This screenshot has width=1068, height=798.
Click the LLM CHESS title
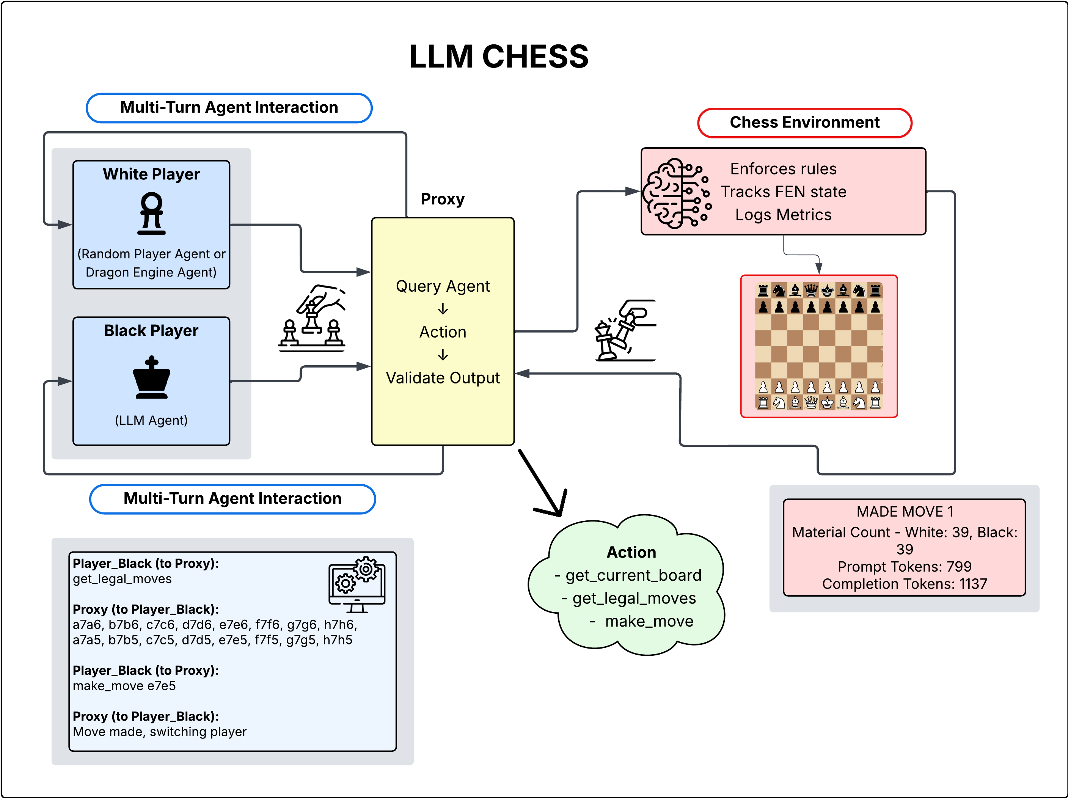click(499, 57)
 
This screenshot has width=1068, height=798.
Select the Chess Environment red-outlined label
click(804, 123)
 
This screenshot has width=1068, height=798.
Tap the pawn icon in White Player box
click(152, 214)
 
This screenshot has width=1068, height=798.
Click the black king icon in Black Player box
click(152, 377)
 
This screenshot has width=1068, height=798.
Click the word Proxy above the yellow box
click(442, 199)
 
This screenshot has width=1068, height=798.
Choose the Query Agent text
click(443, 286)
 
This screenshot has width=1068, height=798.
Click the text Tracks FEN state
click(783, 192)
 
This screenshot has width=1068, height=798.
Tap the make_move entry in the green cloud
click(649, 621)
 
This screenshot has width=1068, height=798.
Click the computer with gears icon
click(357, 584)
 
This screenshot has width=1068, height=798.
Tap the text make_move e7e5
click(124, 686)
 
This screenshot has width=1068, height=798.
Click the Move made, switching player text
click(159, 732)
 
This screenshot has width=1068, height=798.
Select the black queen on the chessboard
click(811, 290)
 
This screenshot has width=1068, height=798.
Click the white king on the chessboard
click(827, 402)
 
